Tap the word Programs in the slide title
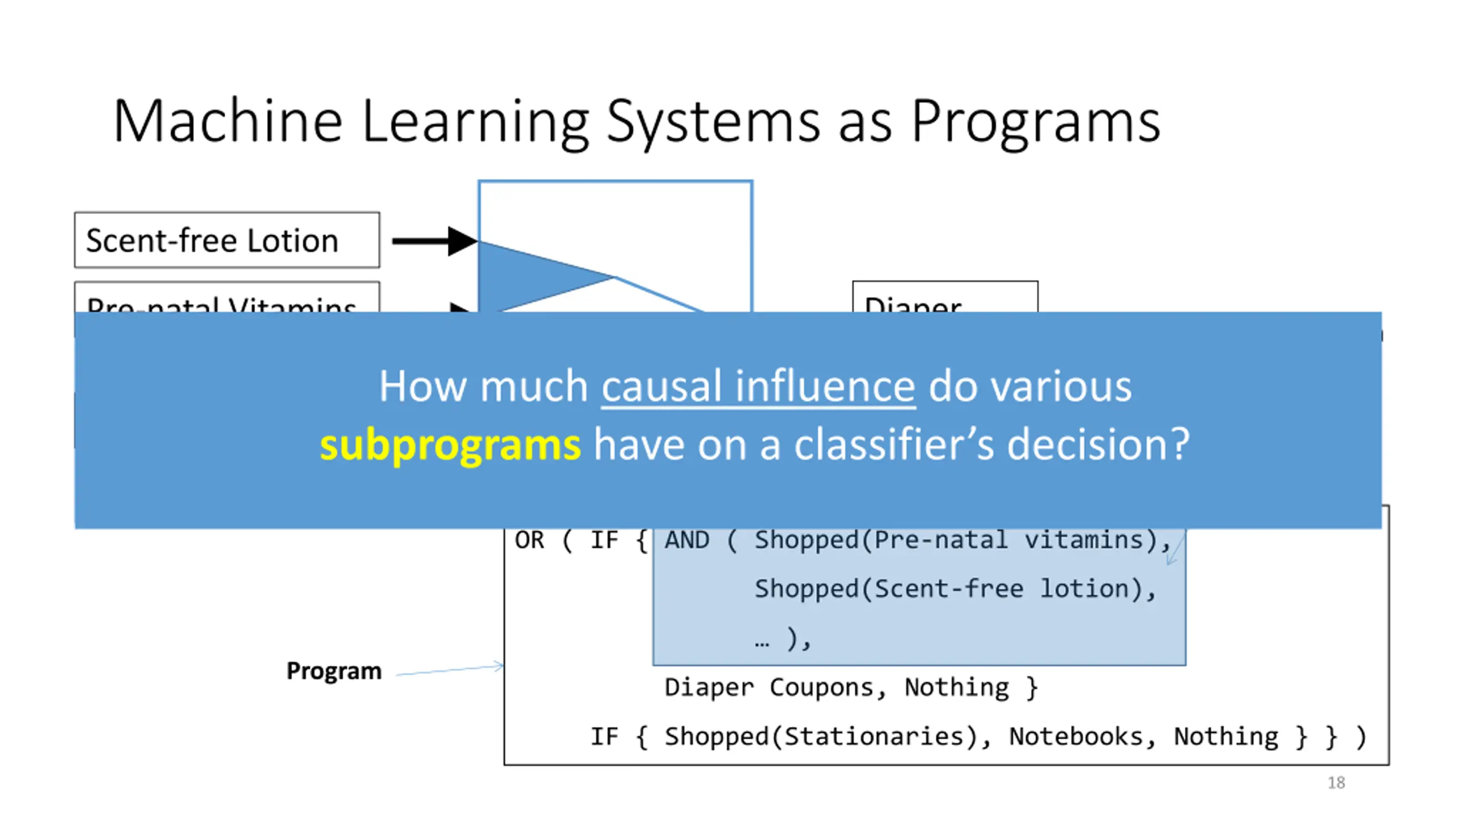pyautogui.click(x=1036, y=122)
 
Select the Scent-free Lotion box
pyautogui.click(x=227, y=240)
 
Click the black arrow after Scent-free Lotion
pyautogui.click(x=434, y=241)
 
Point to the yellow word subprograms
pyautogui.click(x=450, y=445)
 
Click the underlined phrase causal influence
pyautogui.click(x=758, y=387)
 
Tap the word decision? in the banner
pyautogui.click(x=1098, y=444)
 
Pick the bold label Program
pyautogui.click(x=334, y=671)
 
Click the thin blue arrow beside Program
pyautogui.click(x=450, y=670)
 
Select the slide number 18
pyautogui.click(x=1336, y=783)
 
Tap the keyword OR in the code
pyautogui.click(x=529, y=540)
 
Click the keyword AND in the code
pyautogui.click(x=687, y=540)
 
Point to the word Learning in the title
pyautogui.click(x=475, y=122)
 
